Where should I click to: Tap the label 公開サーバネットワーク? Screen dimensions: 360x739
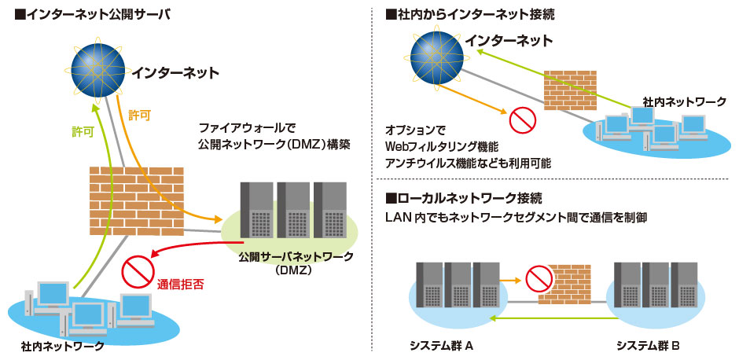(284, 256)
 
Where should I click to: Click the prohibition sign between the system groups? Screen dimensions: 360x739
(539, 278)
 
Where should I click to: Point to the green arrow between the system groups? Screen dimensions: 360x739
(550, 318)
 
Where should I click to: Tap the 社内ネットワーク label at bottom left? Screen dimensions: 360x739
(63, 346)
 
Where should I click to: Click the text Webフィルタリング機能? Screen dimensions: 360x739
(442, 147)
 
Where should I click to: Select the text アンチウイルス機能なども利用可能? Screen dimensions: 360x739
(468, 163)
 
